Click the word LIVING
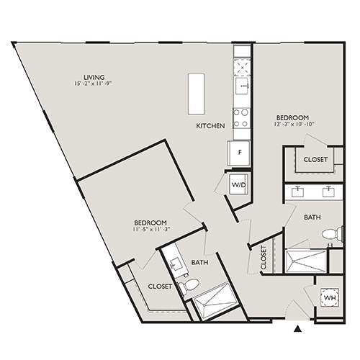pyautogui.click(x=94, y=77)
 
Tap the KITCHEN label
pyautogui.click(x=211, y=126)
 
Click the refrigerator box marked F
pyautogui.click(x=240, y=152)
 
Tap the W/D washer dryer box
pyautogui.click(x=238, y=184)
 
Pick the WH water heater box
pyautogui.click(x=330, y=298)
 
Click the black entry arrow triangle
pyautogui.click(x=299, y=329)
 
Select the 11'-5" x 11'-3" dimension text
pyautogui.click(x=150, y=230)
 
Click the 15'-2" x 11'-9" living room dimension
pyautogui.click(x=94, y=85)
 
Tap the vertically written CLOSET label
pyautogui.click(x=264, y=258)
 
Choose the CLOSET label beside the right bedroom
pyautogui.click(x=315, y=159)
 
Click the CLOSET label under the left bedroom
pyautogui.click(x=160, y=286)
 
